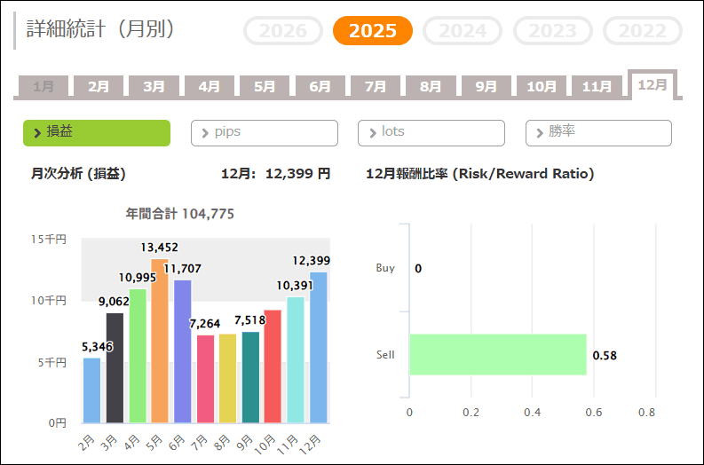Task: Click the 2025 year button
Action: (373, 31)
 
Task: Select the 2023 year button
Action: (552, 31)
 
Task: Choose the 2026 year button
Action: (282, 31)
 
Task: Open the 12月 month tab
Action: (653, 85)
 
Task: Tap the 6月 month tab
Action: (320, 87)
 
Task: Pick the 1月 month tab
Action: (43, 87)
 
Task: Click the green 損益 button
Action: (96, 132)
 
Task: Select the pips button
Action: (264, 132)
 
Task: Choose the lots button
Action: (431, 132)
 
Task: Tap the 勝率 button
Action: (598, 132)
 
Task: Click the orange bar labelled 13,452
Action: (160, 341)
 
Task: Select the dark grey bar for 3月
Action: (115, 367)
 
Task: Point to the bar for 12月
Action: (319, 347)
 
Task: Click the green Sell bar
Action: (497, 355)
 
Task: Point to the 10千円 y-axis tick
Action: (49, 301)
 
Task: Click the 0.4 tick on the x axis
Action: (532, 413)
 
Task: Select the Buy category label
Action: (385, 268)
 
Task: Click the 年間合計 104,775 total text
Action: (180, 214)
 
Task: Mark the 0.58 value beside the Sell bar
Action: (605, 356)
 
